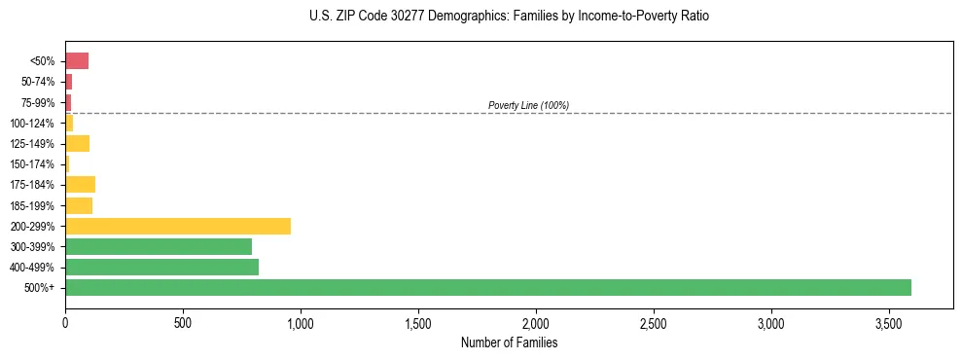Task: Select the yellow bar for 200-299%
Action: (178, 226)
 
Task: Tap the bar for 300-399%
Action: (159, 246)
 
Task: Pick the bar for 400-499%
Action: (161, 267)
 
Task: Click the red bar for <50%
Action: (77, 61)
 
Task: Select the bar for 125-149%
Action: (77, 143)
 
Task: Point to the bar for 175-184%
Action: (80, 184)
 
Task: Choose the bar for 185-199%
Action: (79, 205)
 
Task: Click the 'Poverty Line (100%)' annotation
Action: (528, 105)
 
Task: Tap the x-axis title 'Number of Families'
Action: (509, 342)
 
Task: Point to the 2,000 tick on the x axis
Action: (536, 321)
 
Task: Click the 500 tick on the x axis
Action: (183, 321)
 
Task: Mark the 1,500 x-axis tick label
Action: (418, 321)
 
